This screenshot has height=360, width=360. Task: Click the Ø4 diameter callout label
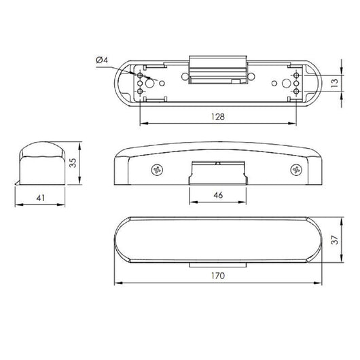(102, 60)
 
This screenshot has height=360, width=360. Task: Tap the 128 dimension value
(218, 117)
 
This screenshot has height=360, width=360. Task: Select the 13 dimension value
(335, 83)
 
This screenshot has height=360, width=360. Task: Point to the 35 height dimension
(73, 162)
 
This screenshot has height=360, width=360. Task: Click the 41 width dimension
(41, 198)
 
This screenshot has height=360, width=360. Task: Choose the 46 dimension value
(218, 195)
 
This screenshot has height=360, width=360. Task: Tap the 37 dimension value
(335, 240)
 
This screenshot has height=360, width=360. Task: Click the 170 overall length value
(218, 276)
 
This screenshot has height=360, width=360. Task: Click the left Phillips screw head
(158, 170)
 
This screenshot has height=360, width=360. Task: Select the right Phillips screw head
(296, 170)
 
